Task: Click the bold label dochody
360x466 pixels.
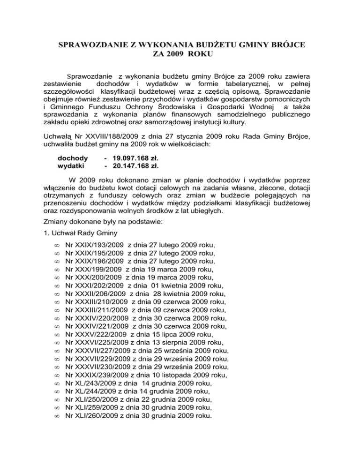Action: click(73, 159)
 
